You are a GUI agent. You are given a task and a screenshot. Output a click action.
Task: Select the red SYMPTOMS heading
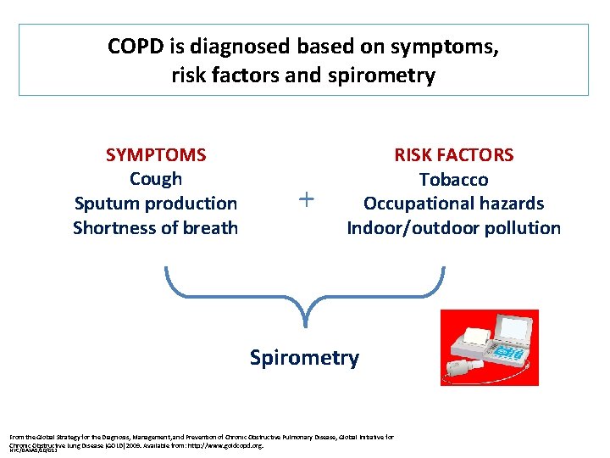156,154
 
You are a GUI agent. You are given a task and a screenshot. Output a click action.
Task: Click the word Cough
156,179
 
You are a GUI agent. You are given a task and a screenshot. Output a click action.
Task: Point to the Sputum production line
156,204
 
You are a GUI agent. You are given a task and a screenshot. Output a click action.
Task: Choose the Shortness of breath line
156,228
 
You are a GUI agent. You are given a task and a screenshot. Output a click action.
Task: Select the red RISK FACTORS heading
453,154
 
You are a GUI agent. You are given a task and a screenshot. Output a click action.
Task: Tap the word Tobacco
453,180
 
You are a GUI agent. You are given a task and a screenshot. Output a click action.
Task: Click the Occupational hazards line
453,204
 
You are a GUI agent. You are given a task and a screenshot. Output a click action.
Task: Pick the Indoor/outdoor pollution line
453,228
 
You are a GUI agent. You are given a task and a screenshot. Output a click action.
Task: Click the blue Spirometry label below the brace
304,358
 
